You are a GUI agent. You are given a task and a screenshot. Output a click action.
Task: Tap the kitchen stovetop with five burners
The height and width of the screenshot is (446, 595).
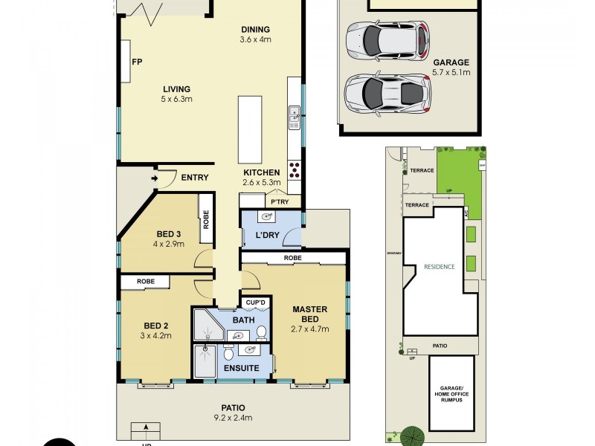[x=295, y=170]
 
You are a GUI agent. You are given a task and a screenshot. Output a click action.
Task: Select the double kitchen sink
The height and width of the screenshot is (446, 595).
[x=295, y=115]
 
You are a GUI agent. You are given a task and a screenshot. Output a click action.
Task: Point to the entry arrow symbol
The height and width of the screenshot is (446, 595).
[x=155, y=178]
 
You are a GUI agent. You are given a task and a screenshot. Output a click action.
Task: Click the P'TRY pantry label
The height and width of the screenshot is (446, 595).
[x=279, y=201]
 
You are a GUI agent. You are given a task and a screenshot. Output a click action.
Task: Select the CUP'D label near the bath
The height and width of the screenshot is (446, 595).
[x=256, y=303]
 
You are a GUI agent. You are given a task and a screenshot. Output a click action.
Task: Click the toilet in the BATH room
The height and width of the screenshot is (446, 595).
[x=261, y=332]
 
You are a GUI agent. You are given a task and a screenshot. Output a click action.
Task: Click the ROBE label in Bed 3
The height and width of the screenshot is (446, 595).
[x=205, y=220]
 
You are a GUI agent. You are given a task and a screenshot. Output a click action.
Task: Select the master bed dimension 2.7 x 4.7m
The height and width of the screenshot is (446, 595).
[x=310, y=329]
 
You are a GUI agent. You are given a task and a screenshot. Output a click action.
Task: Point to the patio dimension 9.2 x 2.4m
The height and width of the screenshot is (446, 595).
[x=232, y=418]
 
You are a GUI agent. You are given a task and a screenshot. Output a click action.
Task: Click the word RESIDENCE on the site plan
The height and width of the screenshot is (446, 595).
[x=439, y=267]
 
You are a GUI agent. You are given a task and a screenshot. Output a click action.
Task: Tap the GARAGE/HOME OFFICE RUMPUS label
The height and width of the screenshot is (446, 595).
[x=451, y=394]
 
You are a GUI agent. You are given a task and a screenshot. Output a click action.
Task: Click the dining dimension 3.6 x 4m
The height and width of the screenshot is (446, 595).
[x=255, y=40]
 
